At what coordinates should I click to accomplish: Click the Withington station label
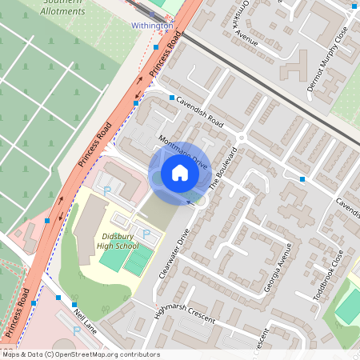(x=152, y=26)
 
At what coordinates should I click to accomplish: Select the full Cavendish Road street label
(x=198, y=114)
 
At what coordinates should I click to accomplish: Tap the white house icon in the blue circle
(x=179, y=173)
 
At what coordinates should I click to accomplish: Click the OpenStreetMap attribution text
(x=80, y=354)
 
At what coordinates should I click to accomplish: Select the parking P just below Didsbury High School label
(x=146, y=233)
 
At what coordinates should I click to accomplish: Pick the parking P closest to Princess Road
(x=107, y=190)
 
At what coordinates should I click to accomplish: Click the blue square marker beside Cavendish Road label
(x=171, y=97)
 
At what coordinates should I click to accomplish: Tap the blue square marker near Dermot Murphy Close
(x=353, y=6)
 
